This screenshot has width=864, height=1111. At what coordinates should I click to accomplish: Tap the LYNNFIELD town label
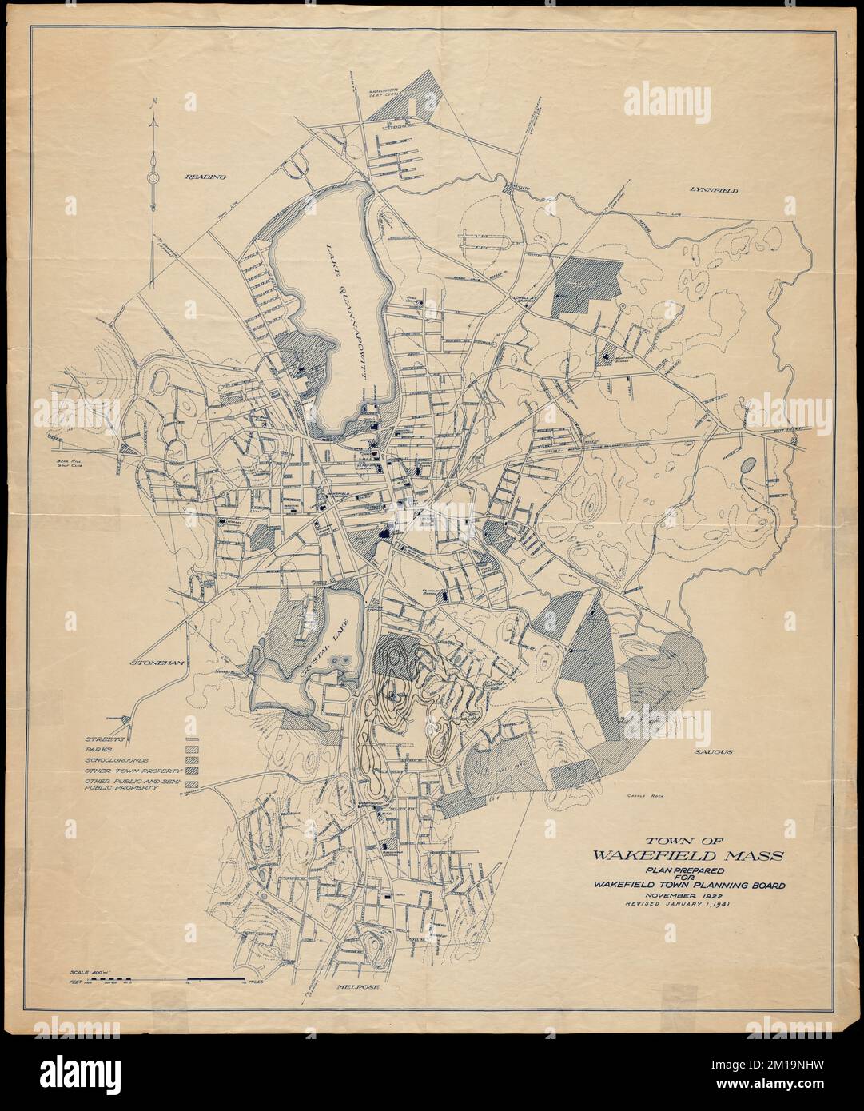point(712,190)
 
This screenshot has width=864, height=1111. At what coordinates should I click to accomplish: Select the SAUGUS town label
point(714,753)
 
